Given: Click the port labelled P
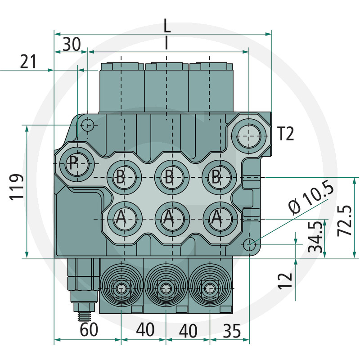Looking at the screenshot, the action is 76,164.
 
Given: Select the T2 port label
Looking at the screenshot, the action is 286,134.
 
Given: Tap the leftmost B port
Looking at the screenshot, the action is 124,177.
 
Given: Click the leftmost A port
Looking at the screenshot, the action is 125,219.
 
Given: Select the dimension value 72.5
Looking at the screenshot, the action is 345,220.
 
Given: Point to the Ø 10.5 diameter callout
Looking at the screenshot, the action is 311,197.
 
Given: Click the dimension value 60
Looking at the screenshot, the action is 89,329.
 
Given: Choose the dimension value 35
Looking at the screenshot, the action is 232,331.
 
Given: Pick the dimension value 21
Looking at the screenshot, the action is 28,62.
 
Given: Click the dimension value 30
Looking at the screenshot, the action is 72,44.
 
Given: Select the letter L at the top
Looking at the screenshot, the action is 167,26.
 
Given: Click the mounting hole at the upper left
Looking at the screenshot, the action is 88,125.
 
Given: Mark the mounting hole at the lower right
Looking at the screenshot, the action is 249,245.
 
